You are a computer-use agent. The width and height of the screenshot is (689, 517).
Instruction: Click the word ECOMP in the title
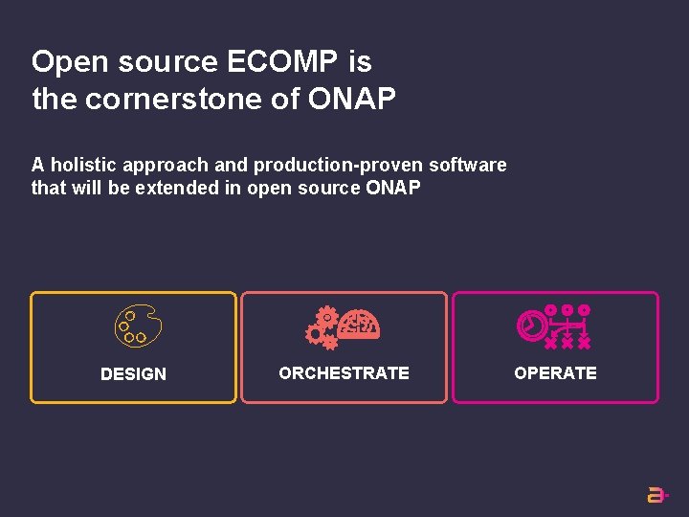(282, 62)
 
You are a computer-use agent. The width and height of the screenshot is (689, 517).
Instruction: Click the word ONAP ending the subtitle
(392, 188)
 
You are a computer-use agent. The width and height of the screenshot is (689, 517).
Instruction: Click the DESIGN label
(133, 374)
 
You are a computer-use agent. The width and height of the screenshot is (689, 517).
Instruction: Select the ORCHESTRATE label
(344, 373)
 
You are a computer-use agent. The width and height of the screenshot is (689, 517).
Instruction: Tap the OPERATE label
(555, 373)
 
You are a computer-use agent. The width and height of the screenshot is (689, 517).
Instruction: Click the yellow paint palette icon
(137, 326)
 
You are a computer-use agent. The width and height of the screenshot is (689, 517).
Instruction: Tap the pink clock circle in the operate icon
(528, 326)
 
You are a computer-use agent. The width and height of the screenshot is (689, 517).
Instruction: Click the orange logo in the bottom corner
(656, 495)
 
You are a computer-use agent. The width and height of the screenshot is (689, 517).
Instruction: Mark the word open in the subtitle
(269, 188)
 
